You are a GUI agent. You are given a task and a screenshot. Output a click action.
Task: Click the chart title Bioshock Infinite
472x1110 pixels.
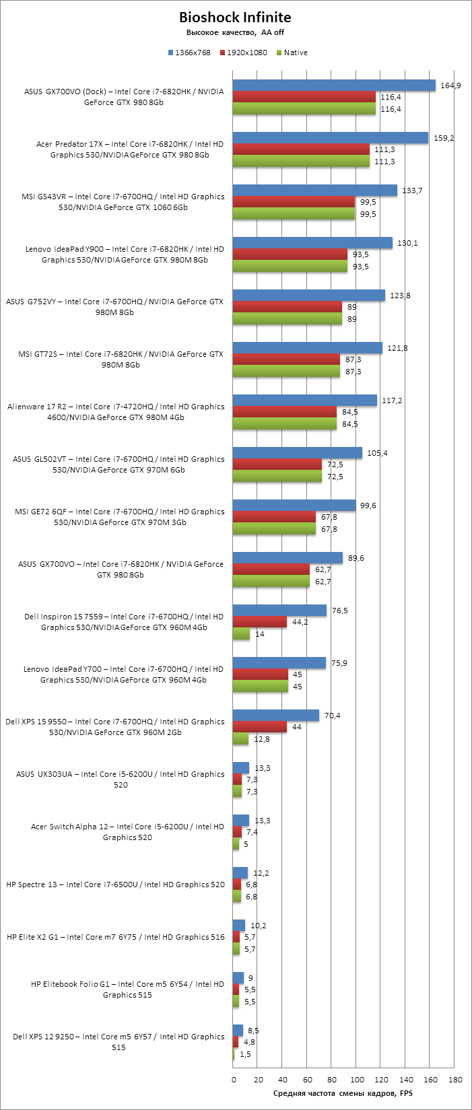coord(235,18)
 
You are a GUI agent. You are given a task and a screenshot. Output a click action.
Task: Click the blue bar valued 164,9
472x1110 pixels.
coord(334,85)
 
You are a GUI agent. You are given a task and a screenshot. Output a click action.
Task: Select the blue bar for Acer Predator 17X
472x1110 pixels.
coord(331,138)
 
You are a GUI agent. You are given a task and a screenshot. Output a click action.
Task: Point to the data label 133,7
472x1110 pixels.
coord(411,190)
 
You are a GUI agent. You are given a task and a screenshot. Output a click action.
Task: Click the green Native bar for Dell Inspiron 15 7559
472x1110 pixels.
coord(241,634)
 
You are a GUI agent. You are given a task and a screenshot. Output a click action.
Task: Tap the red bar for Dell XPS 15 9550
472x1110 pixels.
coord(260,727)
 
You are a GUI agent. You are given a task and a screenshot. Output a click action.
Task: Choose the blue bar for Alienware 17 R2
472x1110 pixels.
coord(305,401)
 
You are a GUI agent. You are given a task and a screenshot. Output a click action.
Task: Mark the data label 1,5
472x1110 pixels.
coord(245,1054)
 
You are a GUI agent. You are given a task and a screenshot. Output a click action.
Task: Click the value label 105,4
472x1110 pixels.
coord(377,453)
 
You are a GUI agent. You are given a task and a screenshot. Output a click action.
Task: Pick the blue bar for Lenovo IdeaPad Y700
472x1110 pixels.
coord(279,663)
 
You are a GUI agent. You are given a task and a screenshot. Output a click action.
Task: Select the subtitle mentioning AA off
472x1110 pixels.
coord(235,32)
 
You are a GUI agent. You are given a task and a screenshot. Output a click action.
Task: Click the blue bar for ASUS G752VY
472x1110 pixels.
coord(309,296)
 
